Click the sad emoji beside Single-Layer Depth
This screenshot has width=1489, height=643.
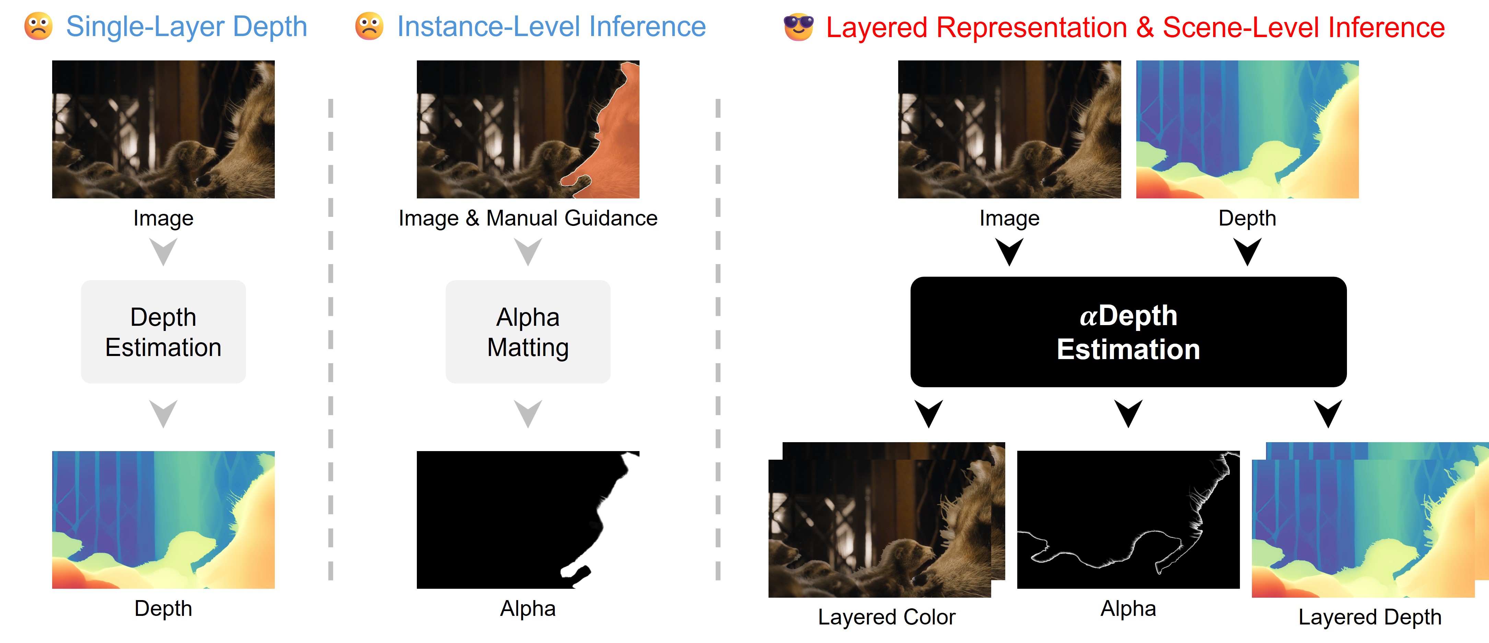pos(38,26)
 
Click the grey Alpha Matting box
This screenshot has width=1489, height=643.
pos(528,331)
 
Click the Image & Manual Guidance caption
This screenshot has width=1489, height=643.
pos(528,218)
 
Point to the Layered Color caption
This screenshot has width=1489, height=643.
pos(887,617)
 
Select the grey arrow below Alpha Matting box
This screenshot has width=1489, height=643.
pos(528,413)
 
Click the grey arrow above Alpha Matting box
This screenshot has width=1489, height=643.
pos(528,252)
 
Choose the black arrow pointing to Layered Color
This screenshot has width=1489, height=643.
pos(929,413)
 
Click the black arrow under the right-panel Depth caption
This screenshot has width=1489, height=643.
pos(1247,252)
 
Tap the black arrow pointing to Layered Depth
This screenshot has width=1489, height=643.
pos(1328,413)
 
